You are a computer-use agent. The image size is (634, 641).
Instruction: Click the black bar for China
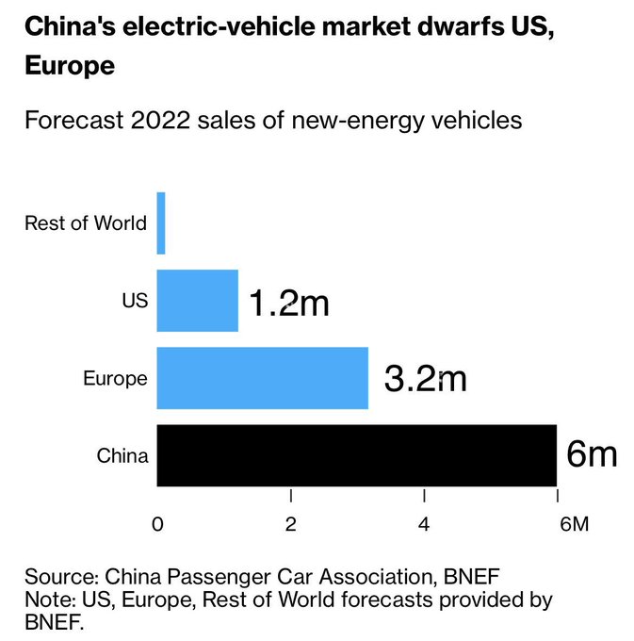(356, 455)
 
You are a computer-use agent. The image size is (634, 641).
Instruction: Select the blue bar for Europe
(262, 378)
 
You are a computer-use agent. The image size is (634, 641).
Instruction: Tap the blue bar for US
(197, 301)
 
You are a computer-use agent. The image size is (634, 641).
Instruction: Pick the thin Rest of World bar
(161, 223)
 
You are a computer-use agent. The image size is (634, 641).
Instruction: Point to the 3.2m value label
(426, 379)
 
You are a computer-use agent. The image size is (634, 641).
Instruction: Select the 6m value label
(592, 455)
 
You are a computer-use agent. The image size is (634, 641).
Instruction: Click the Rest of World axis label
(86, 223)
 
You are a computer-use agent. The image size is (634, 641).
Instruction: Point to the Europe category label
(115, 378)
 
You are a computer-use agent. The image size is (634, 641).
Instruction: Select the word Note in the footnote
(45, 600)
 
